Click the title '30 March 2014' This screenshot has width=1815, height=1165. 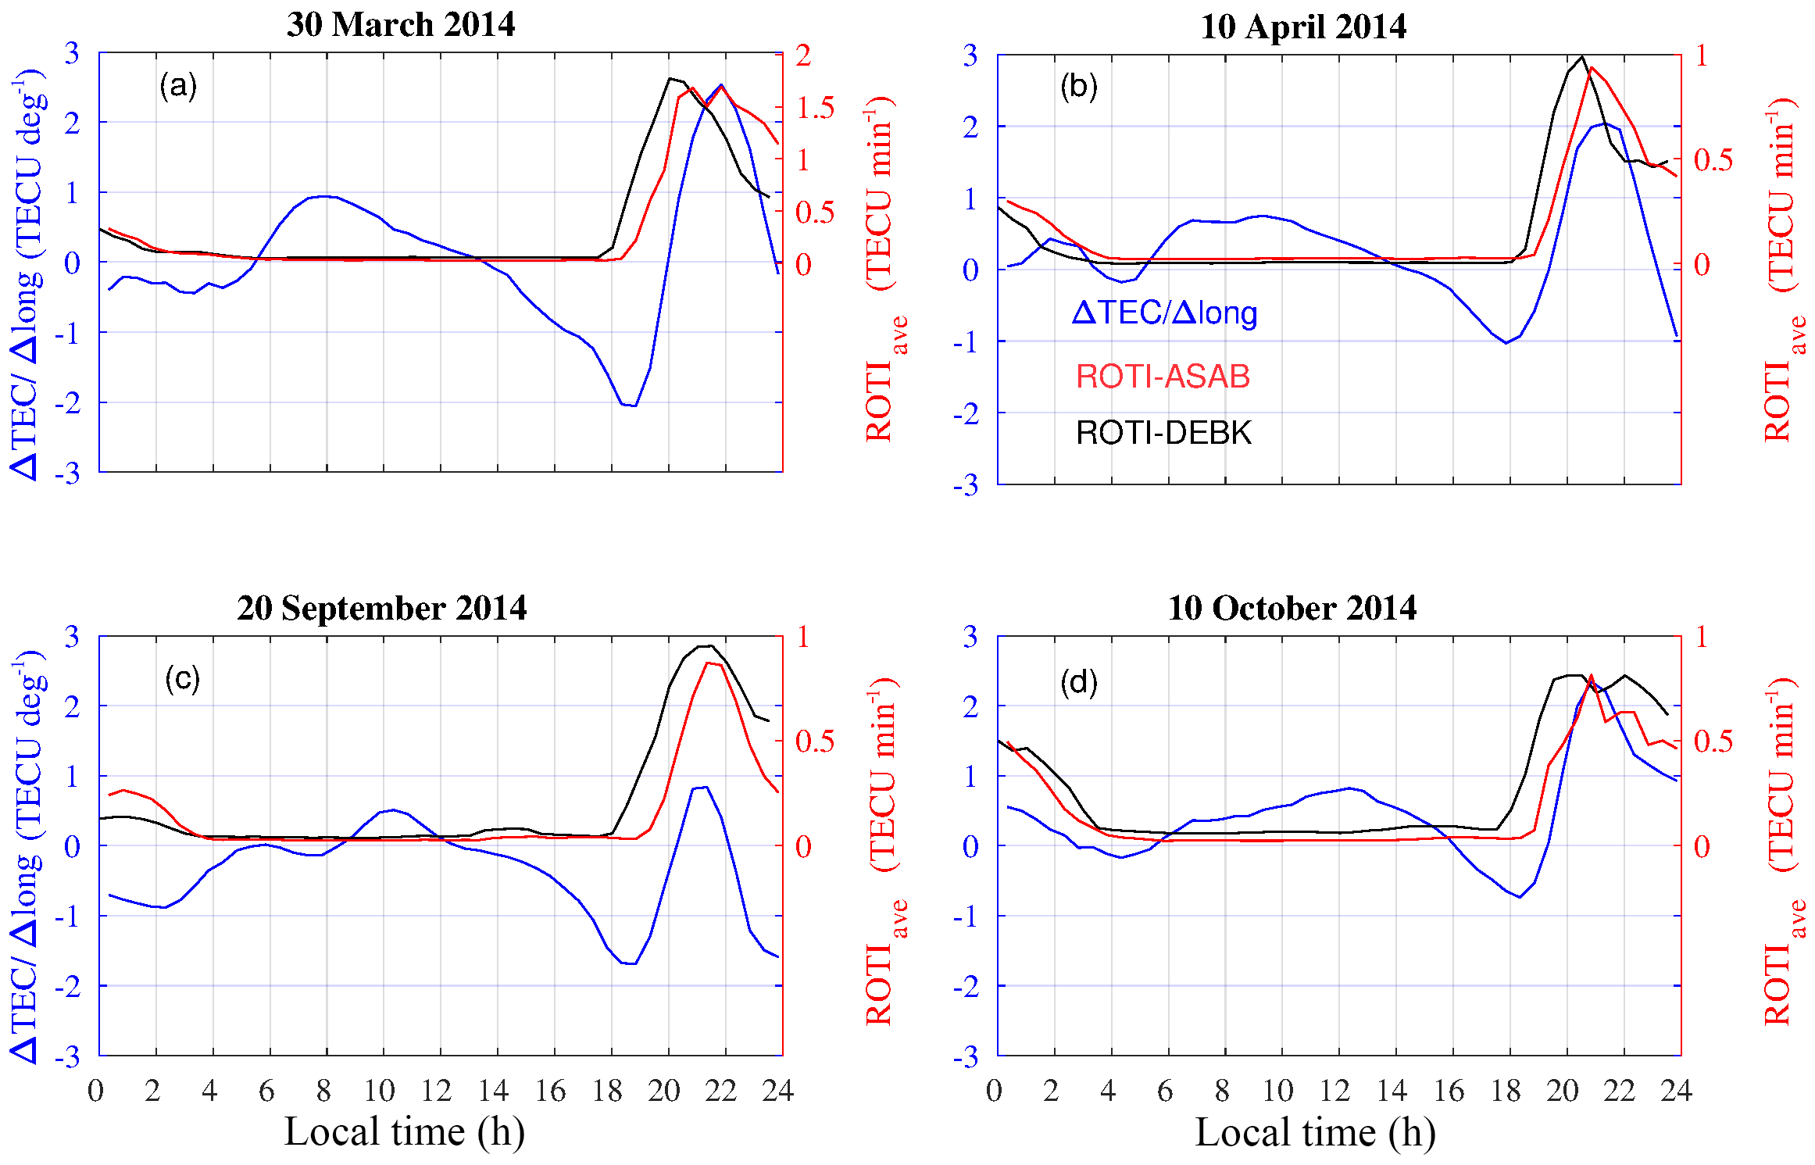point(401,25)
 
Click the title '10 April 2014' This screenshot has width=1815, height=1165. point(1302,27)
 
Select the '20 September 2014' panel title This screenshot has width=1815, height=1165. point(381,608)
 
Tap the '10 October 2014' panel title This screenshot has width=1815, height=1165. point(1292,608)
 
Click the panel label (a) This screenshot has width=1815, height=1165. point(178,85)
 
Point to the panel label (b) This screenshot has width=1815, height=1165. point(1078,86)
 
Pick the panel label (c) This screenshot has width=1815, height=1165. point(182,678)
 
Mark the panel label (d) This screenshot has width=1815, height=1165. point(1078,682)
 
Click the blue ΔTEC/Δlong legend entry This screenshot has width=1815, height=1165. point(1164,313)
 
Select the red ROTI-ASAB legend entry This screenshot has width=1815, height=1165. point(1163,377)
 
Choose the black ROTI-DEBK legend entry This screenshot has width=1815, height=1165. point(1163,433)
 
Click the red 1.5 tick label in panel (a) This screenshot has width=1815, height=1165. point(816,109)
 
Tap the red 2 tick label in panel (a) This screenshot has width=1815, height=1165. point(804,55)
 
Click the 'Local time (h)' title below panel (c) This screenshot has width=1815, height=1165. point(404,1131)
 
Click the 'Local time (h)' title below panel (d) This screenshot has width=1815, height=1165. point(1315,1132)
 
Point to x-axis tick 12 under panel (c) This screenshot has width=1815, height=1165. point(437,1091)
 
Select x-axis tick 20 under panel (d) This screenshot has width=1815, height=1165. point(1563,1091)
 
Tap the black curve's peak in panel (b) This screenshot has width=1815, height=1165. point(1582,56)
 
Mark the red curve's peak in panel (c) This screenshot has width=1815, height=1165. point(707,663)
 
